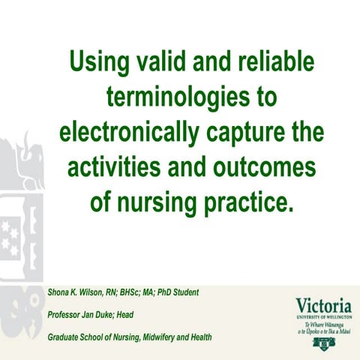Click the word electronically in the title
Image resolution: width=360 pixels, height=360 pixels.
(128, 131)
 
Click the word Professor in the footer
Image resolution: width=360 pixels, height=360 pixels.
(67, 314)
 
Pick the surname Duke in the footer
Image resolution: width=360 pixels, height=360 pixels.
(121, 314)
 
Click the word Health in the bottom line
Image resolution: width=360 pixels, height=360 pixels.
(197, 337)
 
